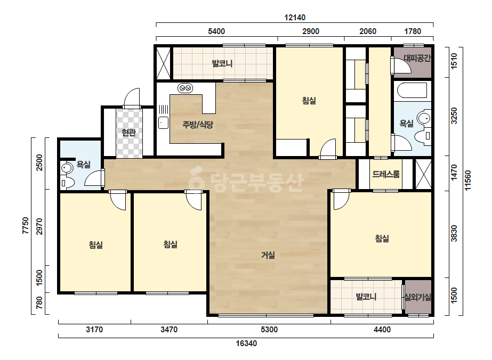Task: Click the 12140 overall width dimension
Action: (x=295, y=18)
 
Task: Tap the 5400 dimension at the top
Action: (x=216, y=31)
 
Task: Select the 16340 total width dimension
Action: (x=246, y=343)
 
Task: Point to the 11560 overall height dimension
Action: (x=468, y=181)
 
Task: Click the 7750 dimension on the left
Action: (x=26, y=225)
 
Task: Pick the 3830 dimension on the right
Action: (x=454, y=234)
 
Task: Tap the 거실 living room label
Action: (x=268, y=255)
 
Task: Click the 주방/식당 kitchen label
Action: (x=198, y=125)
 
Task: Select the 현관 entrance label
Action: (x=128, y=133)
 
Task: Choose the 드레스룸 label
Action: (x=385, y=174)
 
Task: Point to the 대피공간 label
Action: (x=417, y=58)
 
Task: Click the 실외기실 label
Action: (x=418, y=297)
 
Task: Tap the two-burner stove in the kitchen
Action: (x=185, y=88)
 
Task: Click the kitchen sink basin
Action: (x=163, y=122)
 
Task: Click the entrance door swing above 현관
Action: (x=132, y=99)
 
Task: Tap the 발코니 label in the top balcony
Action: (x=222, y=64)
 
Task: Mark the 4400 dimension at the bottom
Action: (x=382, y=330)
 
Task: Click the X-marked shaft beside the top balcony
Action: (x=163, y=63)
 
